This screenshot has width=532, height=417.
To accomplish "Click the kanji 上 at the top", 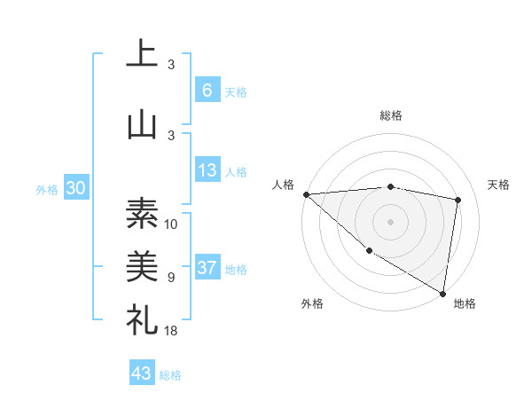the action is [x=141, y=55].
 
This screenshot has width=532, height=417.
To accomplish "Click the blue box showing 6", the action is [x=207, y=90].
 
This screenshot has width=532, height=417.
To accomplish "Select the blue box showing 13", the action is [x=207, y=170].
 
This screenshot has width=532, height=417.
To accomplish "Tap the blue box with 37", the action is [x=207, y=268].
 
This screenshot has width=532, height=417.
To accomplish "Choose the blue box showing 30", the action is [x=75, y=189].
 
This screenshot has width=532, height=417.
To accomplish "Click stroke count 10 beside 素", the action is [x=171, y=224].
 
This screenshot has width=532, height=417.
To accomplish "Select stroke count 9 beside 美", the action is [x=171, y=278].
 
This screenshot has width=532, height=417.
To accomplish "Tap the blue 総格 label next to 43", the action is [x=170, y=375].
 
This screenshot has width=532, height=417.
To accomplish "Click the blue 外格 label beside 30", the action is [x=47, y=190].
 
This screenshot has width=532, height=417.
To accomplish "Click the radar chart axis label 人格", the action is [x=284, y=185].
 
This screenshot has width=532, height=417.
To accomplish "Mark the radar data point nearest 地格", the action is [x=443, y=293].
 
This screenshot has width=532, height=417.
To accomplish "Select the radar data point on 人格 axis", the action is [x=306, y=193].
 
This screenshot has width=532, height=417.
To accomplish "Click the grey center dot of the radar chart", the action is [x=391, y=221].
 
